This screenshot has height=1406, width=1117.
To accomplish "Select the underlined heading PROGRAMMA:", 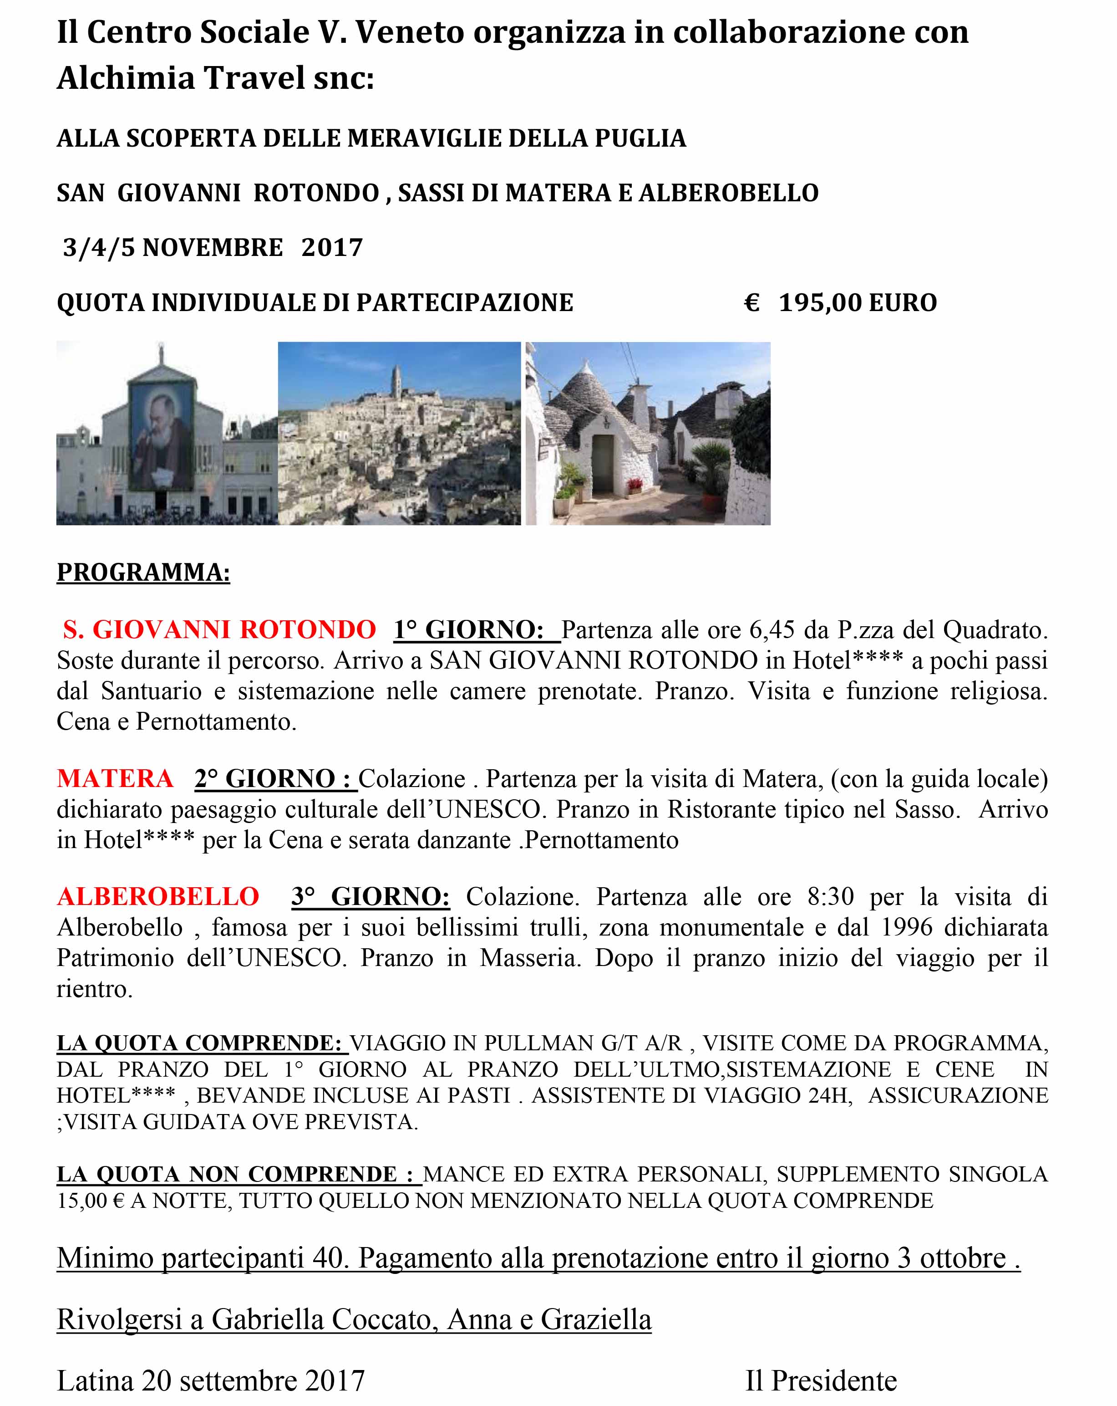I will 143,572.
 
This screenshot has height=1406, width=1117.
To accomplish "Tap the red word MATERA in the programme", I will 115,779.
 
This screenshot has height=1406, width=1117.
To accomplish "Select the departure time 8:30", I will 830,897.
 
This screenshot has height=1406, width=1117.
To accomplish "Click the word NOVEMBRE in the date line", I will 213,248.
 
